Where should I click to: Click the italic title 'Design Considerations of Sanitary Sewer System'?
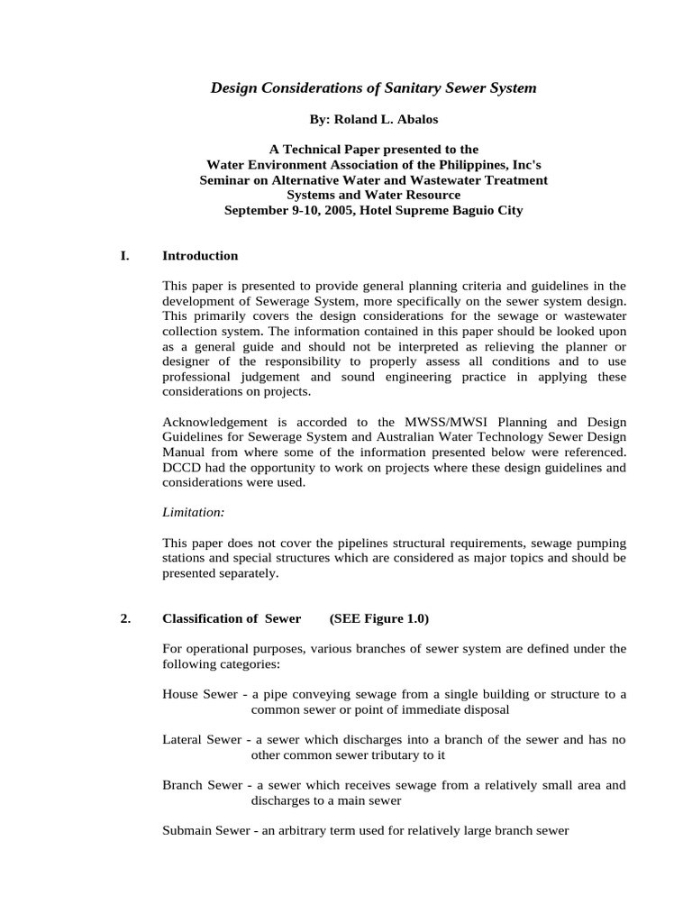coord(373,88)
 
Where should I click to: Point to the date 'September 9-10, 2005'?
coord(285,211)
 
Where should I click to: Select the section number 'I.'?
coord(124,256)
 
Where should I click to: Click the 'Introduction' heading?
coord(200,256)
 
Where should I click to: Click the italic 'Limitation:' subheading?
coord(194,512)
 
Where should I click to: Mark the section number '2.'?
coord(125,618)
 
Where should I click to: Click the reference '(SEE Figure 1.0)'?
coord(379,618)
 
